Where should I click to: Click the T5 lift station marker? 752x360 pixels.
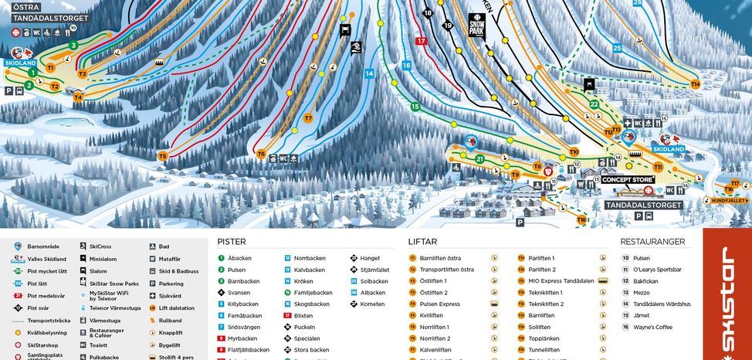click(162, 156)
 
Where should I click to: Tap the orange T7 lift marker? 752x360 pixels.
click(308, 118)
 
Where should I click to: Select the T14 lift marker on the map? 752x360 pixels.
click(695, 83)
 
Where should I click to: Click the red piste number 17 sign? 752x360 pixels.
click(421, 41)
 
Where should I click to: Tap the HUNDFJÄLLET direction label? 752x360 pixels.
click(728, 201)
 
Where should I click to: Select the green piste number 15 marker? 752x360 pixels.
click(415, 107)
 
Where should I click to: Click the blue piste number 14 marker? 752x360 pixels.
click(369, 73)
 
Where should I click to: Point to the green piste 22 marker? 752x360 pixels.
click(594, 104)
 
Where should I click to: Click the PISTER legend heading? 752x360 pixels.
click(232, 242)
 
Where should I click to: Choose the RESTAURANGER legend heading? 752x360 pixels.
click(652, 242)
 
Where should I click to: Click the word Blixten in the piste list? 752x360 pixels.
click(303, 315)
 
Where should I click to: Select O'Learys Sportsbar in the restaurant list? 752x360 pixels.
click(656, 270)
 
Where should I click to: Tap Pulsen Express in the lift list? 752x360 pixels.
click(439, 304)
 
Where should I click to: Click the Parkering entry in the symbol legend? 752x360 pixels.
click(171, 284)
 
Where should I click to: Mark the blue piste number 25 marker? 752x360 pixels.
click(617, 48)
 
